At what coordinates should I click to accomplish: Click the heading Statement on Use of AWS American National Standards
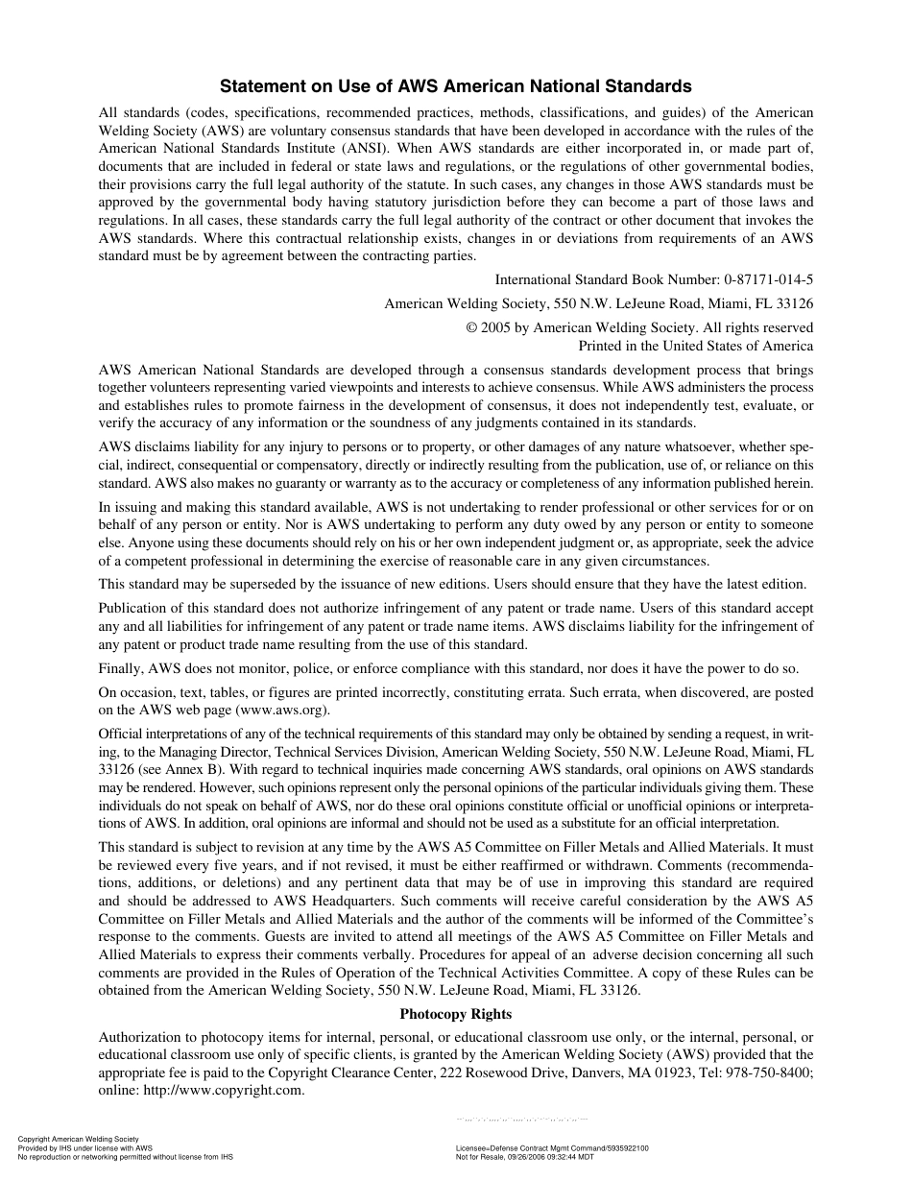[x=456, y=86]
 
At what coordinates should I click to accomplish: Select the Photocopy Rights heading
[x=456, y=1014]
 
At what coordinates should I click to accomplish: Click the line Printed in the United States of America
[x=695, y=346]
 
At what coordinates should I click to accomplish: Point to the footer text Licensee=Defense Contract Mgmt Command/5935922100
[x=552, y=1148]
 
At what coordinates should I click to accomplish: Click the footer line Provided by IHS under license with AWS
[x=85, y=1148]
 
